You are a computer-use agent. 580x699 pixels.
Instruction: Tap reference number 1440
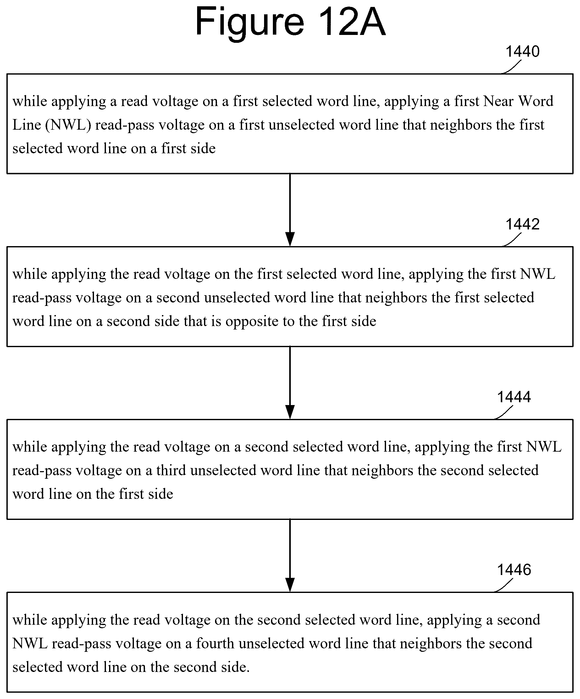pyautogui.click(x=522, y=52)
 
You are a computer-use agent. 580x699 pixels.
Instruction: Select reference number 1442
pyautogui.click(x=522, y=224)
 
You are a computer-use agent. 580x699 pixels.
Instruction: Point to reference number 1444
pyautogui.click(x=514, y=397)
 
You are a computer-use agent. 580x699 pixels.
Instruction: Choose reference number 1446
pyautogui.click(x=514, y=570)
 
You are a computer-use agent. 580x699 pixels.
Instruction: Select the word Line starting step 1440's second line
pyautogui.click(x=27, y=125)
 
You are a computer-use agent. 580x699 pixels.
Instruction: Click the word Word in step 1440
pyautogui.click(x=535, y=101)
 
